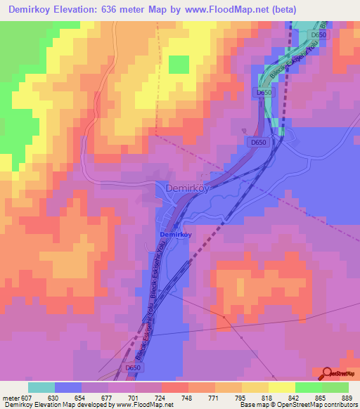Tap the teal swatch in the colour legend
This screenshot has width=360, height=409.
tap(41, 387)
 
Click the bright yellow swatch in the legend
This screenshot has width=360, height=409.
tap(282, 387)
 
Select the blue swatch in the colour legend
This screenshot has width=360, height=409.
tap(68, 387)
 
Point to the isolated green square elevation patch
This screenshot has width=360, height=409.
tap(179, 65)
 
